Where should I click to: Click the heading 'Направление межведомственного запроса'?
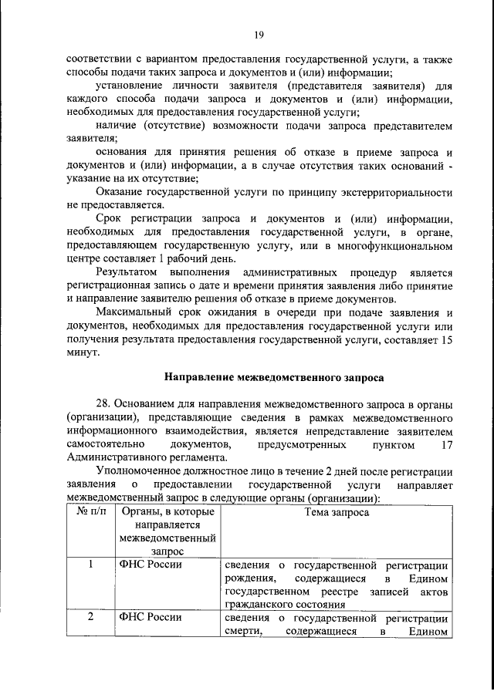[x=274, y=378]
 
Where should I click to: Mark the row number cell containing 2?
[x=90, y=618]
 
